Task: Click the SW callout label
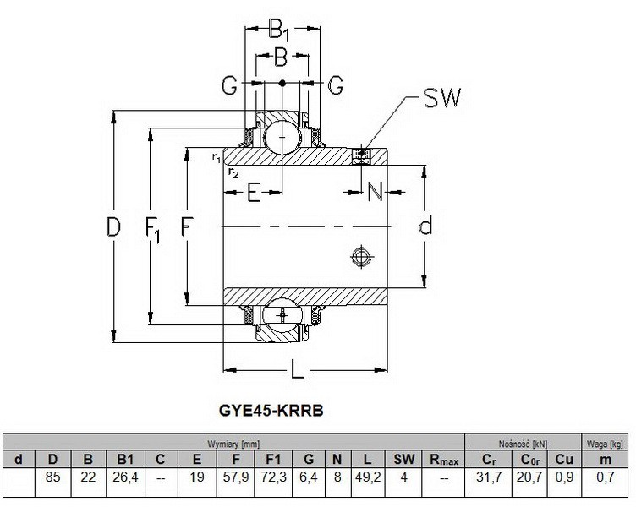tap(441, 100)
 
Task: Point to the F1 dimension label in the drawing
tap(154, 228)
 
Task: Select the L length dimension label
tap(297, 370)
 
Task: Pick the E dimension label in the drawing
tap(253, 194)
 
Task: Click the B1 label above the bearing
tap(279, 32)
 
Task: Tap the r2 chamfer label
tap(233, 172)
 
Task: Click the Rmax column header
tap(443, 460)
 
